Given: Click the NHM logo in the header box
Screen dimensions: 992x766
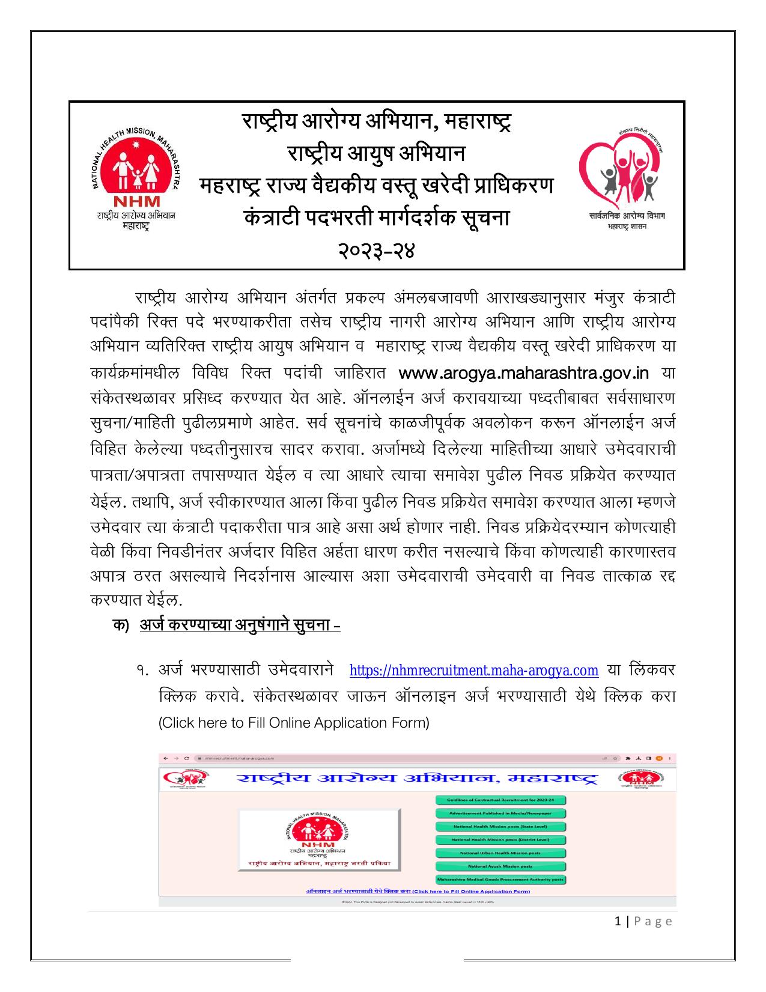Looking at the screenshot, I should click(135, 177).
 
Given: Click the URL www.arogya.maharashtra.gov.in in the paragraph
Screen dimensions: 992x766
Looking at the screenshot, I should click(524, 373).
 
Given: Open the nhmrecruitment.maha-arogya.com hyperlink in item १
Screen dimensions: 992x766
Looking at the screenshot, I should click(473, 671).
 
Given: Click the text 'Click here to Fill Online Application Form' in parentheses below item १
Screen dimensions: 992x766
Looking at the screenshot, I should click(294, 722).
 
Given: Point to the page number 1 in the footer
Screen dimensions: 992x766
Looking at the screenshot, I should click(619, 922).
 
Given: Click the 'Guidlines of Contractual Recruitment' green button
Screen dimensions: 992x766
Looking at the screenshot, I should click(500, 800).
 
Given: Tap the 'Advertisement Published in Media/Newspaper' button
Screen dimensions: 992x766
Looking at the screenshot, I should click(500, 814).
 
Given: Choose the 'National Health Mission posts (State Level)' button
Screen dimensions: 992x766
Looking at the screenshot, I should click(500, 827).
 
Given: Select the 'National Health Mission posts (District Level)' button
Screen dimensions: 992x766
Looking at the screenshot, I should click(500, 840).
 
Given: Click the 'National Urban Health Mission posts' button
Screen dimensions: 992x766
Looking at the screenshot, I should click(500, 853).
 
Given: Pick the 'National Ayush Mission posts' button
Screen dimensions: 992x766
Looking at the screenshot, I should click(500, 866).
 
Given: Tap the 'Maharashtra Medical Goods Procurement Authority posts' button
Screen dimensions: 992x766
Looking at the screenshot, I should click(500, 880).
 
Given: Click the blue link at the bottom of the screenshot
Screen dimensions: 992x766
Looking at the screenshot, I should click(418, 892).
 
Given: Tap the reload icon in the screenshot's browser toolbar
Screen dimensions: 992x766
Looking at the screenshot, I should click(187, 759).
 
